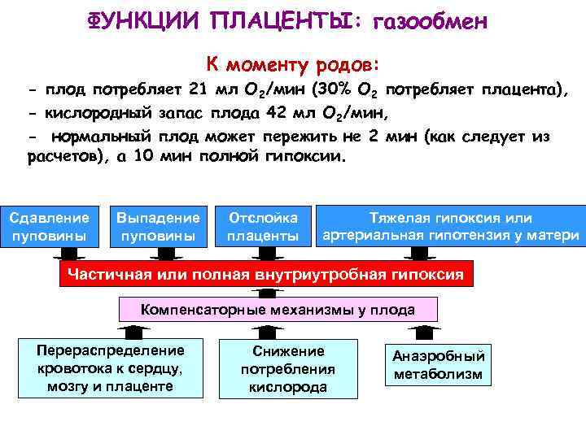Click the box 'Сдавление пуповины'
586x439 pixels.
click(48, 227)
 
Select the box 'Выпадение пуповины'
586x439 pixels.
click(158, 227)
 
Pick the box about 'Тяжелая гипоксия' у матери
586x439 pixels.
click(450, 227)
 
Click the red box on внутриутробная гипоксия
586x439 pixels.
click(266, 275)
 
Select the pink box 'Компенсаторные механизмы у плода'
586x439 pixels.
click(278, 310)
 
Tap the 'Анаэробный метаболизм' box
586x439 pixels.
click(439, 365)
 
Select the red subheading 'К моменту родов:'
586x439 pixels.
click(293, 63)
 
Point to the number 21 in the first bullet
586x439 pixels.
click(199, 89)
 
